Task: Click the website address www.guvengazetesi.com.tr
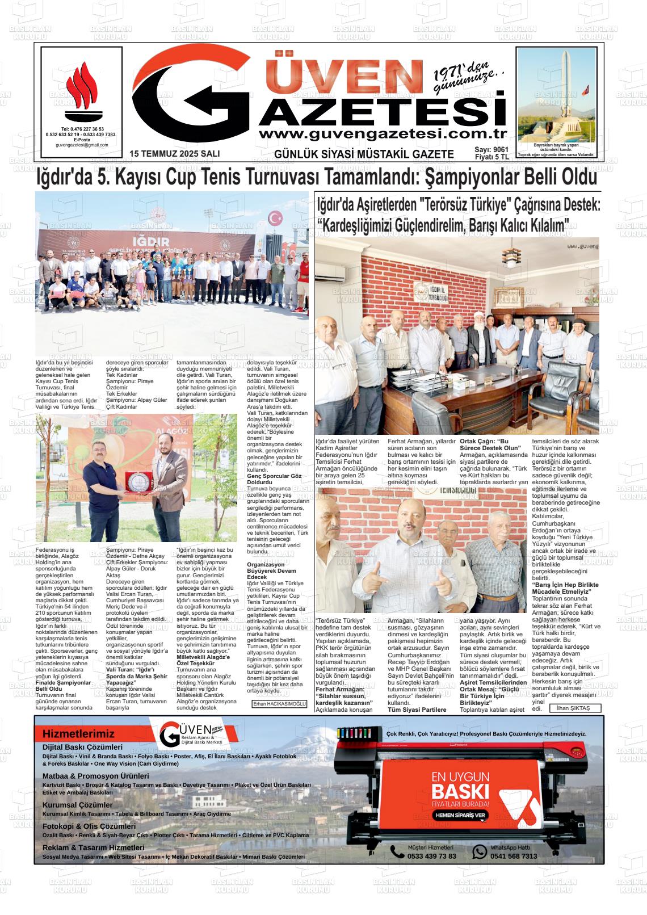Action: point(382,134)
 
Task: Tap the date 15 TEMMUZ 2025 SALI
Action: point(174,154)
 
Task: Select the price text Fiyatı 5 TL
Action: point(491,157)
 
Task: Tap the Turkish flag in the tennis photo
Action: point(276,217)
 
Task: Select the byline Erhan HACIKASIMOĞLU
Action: point(279,704)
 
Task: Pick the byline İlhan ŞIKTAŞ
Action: point(574,708)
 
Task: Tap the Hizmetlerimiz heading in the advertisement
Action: point(78,734)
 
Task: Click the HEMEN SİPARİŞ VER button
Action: point(460,815)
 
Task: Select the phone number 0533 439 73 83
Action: point(431,856)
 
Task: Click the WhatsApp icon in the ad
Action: point(480,851)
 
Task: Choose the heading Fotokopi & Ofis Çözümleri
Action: point(89,826)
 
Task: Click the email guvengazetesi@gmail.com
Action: point(82,145)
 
